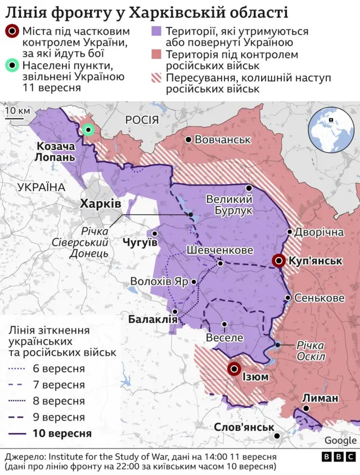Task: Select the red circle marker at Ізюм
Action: click(x=235, y=369)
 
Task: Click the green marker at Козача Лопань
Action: click(x=88, y=130)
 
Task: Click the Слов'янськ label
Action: click(x=244, y=427)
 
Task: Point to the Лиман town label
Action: click(x=321, y=398)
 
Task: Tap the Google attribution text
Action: click(x=340, y=440)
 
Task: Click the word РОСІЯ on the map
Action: click(x=143, y=119)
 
